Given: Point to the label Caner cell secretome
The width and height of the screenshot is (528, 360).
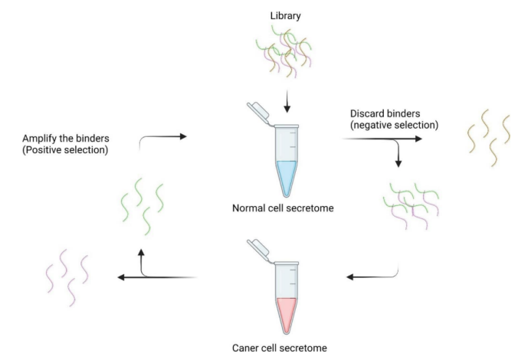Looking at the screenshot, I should pyautogui.click(x=279, y=348).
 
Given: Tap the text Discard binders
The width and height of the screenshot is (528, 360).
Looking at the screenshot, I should pyautogui.click(x=381, y=113).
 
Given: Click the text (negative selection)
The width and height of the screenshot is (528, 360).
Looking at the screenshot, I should pyautogui.click(x=392, y=125).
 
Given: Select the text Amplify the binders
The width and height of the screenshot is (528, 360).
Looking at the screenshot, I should pyautogui.click(x=66, y=138).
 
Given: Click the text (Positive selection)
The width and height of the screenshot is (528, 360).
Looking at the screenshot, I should pyautogui.click(x=66, y=150).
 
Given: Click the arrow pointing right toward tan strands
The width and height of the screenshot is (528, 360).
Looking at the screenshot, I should pyautogui.click(x=383, y=139).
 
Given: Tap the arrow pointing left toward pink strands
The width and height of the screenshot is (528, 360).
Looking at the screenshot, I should pyautogui.click(x=157, y=277).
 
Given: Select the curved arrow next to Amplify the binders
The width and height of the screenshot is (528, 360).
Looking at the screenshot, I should pyautogui.click(x=162, y=139).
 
